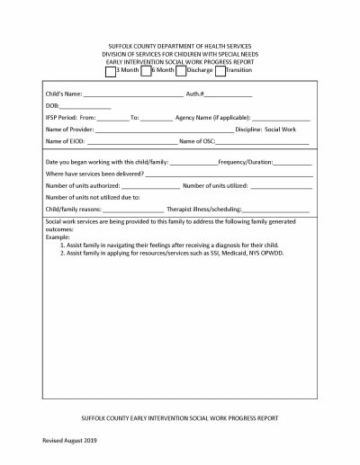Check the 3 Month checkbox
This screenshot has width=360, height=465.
[111, 70]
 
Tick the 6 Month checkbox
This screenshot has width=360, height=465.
[146, 70]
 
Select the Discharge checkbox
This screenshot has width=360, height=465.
[180, 70]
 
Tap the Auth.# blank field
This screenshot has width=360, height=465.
[229, 94]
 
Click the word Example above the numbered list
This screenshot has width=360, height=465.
[58, 237]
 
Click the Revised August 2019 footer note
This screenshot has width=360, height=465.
[70, 442]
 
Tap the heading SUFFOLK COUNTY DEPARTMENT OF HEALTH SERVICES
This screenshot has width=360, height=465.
[179, 45]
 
